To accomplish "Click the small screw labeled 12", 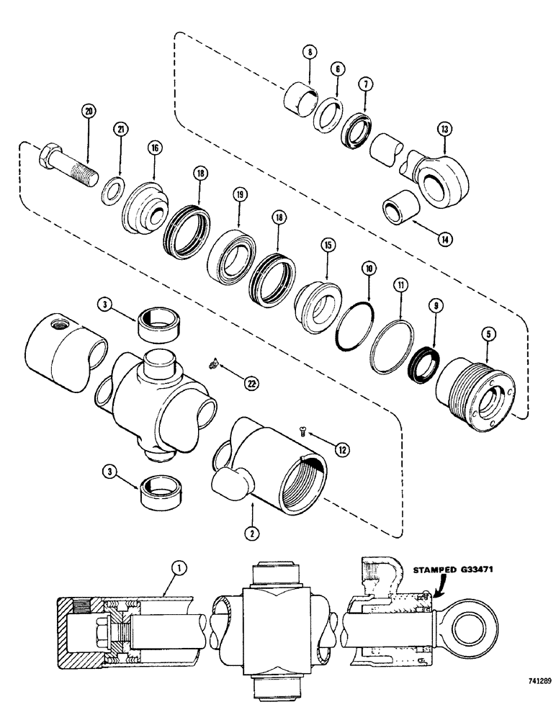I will [302, 432].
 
